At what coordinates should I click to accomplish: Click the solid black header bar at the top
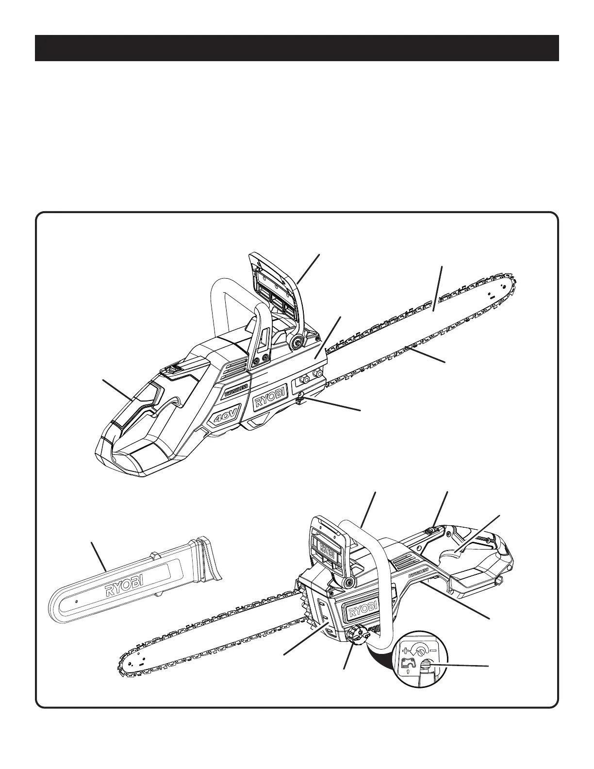click(x=297, y=48)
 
